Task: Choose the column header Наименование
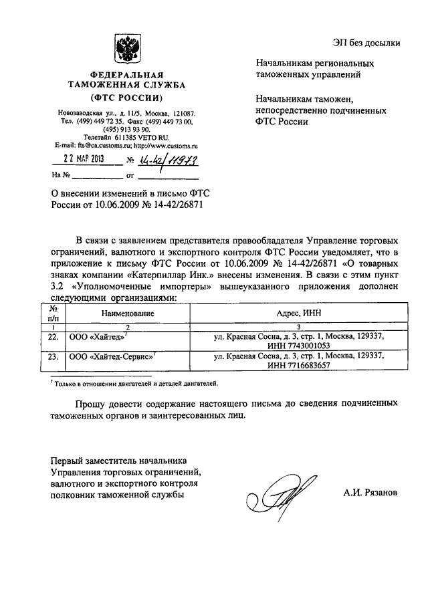click(x=128, y=313)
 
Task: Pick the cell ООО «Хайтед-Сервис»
click(x=112, y=358)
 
